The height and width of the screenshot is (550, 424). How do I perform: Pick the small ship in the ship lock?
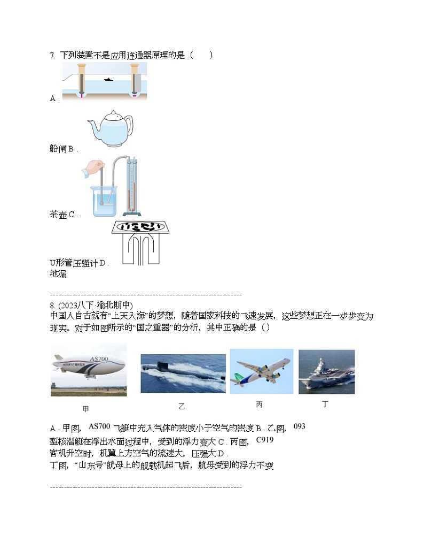point(108,80)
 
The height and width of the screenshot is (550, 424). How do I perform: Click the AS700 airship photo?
point(89,370)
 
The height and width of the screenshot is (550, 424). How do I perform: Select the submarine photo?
point(183,373)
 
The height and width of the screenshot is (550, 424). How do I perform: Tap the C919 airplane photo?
point(261,371)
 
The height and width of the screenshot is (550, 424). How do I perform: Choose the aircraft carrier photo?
point(326,372)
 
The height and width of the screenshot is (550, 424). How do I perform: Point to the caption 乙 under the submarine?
point(182,407)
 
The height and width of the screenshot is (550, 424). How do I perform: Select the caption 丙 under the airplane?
point(259,405)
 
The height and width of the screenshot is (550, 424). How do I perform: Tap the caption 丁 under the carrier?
point(325,404)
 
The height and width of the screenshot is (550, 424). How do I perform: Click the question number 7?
point(52,55)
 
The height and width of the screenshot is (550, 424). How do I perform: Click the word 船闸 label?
point(58,149)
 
